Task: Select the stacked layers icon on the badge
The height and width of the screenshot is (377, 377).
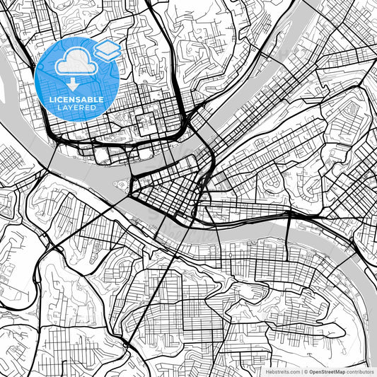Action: pos(107,50)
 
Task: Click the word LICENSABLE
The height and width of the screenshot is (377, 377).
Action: pos(76,99)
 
